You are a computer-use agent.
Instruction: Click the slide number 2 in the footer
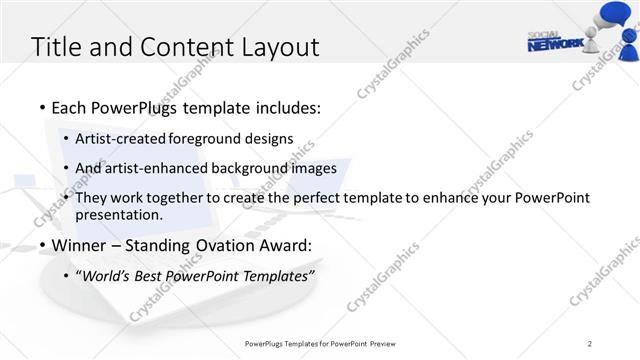(x=590, y=344)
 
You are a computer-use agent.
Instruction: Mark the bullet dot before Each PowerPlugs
(x=41, y=108)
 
